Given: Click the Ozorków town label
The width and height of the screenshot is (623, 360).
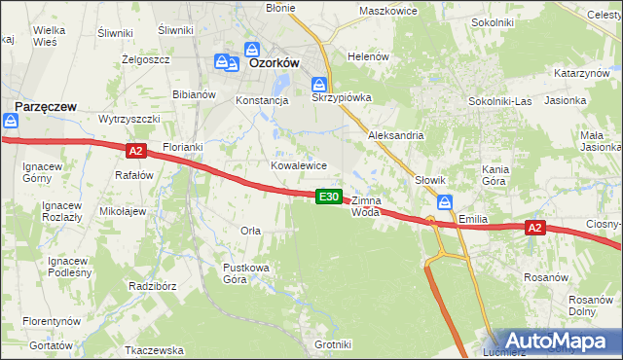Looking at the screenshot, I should click(x=274, y=62).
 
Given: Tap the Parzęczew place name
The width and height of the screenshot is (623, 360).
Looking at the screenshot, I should click(x=46, y=104).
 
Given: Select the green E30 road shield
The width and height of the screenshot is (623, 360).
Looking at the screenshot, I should click(x=329, y=197).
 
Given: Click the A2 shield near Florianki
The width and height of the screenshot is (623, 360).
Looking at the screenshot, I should click(x=135, y=150).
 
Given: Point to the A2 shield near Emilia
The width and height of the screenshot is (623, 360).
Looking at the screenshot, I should click(x=533, y=228).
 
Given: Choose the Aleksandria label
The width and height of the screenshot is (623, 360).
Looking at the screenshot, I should click(x=395, y=135).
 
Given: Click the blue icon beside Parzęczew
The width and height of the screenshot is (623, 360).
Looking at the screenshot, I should click(x=11, y=121).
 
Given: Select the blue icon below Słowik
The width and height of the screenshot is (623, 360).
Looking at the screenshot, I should click(x=445, y=202).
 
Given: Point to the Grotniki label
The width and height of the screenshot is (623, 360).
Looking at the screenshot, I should click(x=333, y=344).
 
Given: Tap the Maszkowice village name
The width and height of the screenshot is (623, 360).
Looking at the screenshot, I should click(x=387, y=11).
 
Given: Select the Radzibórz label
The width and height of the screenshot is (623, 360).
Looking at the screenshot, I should click(x=152, y=286).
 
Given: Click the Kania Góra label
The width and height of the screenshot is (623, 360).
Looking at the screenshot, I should click(x=495, y=175).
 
